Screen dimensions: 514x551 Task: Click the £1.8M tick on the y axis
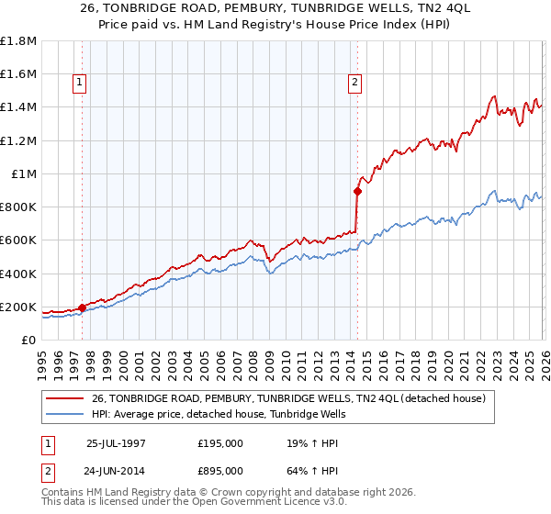click(x=18, y=41)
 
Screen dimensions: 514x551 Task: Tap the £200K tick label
click(x=18, y=307)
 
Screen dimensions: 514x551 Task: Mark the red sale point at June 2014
click(x=357, y=192)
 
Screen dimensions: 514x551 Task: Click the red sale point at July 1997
click(x=83, y=307)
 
